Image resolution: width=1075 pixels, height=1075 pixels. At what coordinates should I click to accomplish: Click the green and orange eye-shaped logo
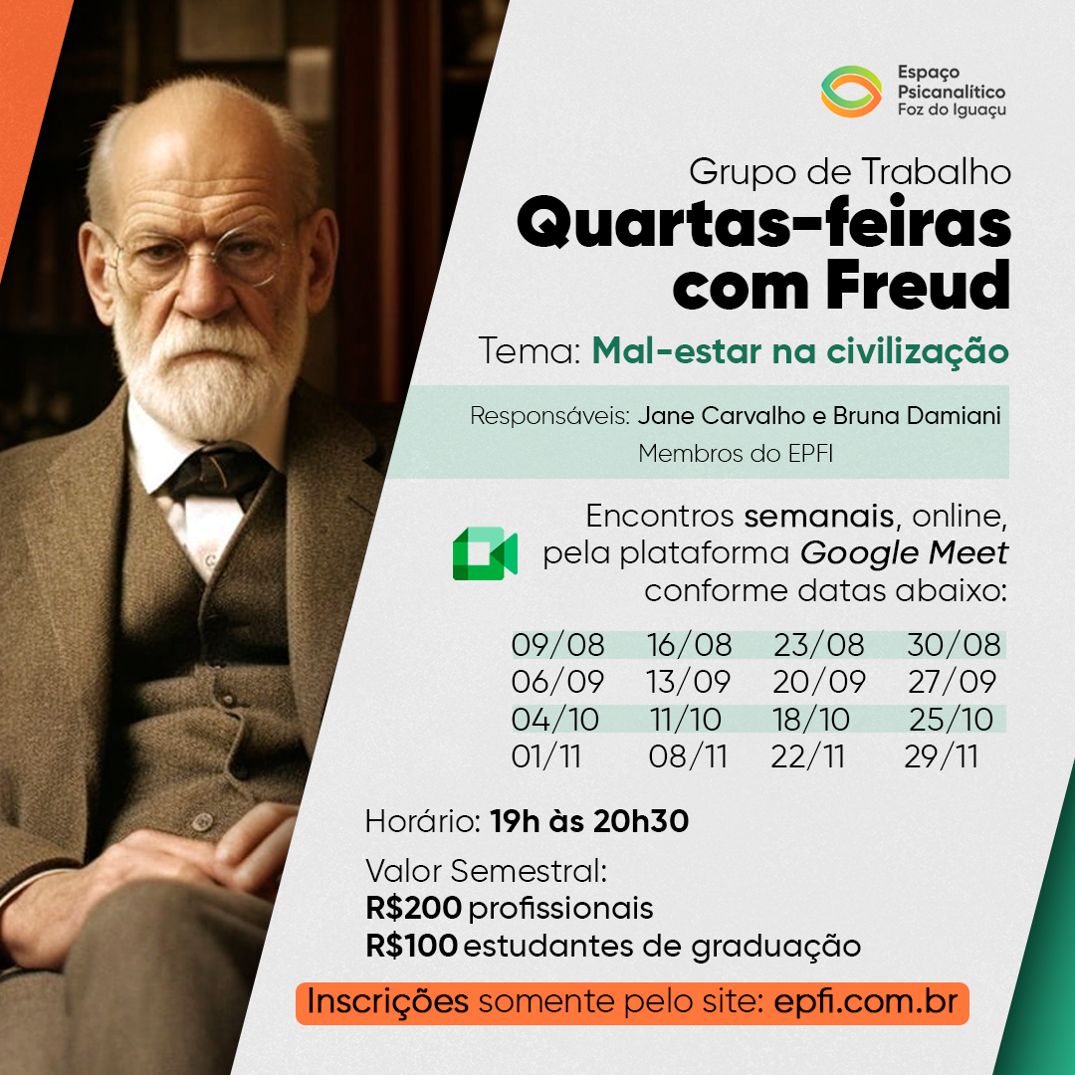851,92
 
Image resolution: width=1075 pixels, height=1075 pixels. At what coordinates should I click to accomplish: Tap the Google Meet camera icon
485,553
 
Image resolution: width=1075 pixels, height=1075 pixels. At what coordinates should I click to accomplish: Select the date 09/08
558,645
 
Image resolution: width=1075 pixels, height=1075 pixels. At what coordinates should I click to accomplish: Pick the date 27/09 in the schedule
952,682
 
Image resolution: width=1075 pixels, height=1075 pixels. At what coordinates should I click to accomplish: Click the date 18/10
811,720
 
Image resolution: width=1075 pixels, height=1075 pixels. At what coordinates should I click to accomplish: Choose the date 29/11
942,756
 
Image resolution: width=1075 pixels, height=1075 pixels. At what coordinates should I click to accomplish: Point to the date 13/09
689,682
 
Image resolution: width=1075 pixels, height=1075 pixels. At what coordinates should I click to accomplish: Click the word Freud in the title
919,285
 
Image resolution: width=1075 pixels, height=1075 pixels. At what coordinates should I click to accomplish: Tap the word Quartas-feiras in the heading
763,222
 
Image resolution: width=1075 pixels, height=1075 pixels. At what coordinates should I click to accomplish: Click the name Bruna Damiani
918,415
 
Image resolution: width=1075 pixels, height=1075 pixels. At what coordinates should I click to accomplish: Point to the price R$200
413,909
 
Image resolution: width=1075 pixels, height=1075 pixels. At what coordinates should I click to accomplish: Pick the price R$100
411,947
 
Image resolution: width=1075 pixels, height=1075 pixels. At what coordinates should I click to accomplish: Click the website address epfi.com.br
865,1001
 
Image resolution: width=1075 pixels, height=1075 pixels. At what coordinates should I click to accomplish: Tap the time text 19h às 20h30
589,820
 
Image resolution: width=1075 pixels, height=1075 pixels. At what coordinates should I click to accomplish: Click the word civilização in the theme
918,352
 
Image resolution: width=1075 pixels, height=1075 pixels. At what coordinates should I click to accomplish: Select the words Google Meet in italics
904,552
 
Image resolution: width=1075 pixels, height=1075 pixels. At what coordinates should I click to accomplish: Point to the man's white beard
206,370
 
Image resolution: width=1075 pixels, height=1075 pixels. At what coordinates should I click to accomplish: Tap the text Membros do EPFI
736,453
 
